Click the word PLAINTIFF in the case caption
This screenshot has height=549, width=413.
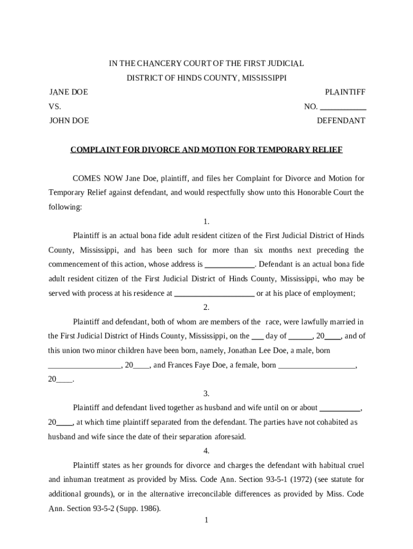click(x=345, y=92)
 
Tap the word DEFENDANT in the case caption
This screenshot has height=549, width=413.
click(x=341, y=121)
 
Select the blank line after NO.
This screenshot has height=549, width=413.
click(x=343, y=107)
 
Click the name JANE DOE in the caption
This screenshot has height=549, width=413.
click(x=69, y=92)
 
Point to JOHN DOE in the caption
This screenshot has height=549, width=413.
click(x=69, y=121)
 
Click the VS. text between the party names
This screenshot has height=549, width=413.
click(x=55, y=107)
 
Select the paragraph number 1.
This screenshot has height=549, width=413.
click(x=206, y=221)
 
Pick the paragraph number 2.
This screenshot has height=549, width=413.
click(x=206, y=307)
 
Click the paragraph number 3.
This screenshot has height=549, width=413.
click(x=206, y=393)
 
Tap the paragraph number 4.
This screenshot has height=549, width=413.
click(x=206, y=450)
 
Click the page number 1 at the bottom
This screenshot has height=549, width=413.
click(x=206, y=520)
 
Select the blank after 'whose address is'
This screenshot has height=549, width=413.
click(x=230, y=265)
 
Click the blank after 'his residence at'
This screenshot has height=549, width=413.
click(x=215, y=294)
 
